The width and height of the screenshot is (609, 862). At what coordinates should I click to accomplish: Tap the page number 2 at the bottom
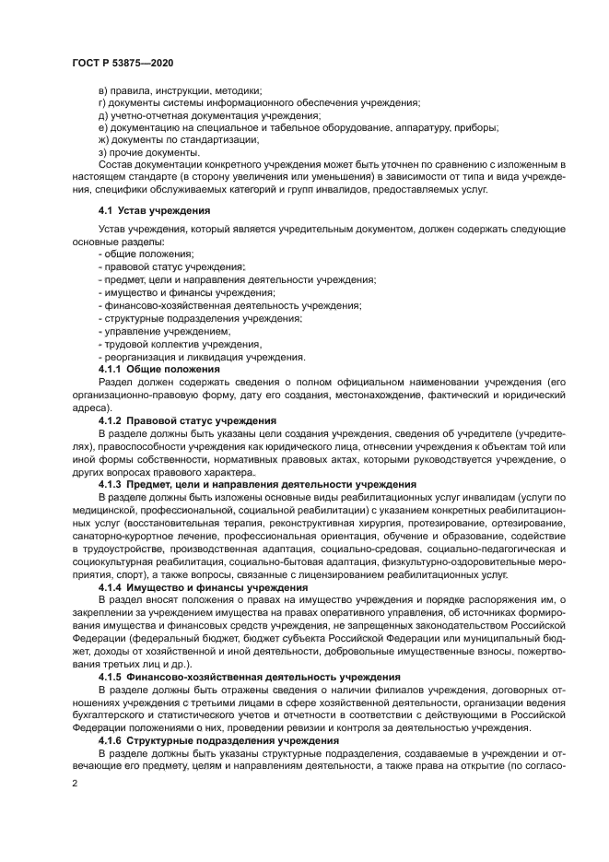75,783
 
